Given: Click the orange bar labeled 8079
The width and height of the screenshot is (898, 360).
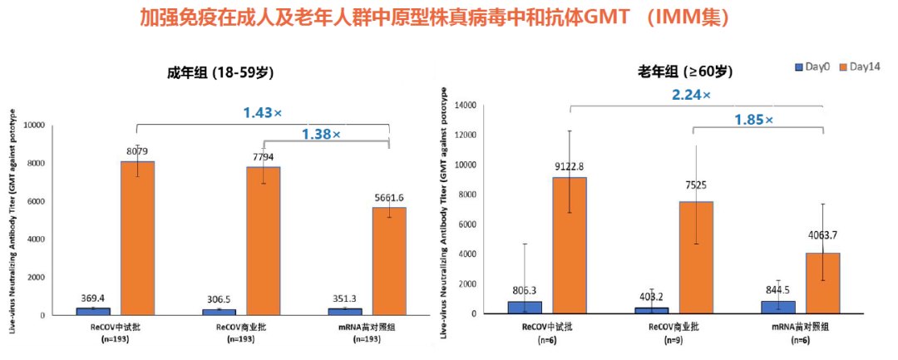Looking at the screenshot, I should coord(137,239).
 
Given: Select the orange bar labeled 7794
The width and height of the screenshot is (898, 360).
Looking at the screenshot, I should coord(263,241).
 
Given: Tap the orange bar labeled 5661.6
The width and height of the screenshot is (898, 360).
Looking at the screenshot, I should coord(389,261).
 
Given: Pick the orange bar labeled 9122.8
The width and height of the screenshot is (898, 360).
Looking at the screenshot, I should coord(570,245).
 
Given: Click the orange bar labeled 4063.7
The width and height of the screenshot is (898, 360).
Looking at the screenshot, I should coord(822,283).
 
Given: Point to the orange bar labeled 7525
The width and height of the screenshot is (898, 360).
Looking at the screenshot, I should coord(696,257).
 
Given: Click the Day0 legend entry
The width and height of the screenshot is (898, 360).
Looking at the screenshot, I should coord(812,67).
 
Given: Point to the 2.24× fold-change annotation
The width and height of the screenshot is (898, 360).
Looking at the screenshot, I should coord(691,95).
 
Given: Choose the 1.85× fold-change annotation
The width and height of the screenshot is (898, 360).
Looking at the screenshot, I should coord(753,120).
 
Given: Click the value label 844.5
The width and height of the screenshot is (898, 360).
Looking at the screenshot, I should coord(779,290).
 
